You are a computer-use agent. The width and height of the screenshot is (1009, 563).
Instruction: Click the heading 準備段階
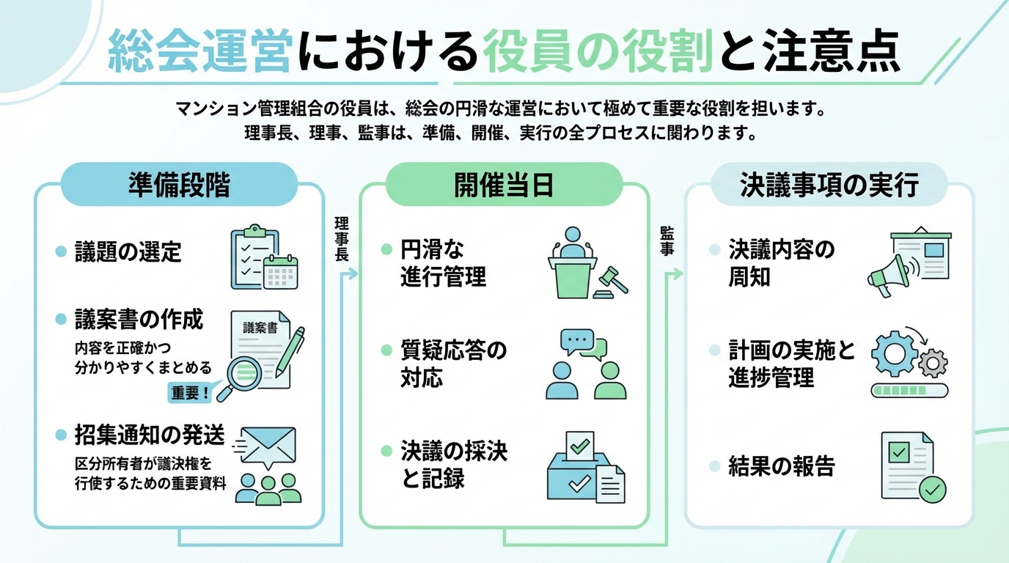[178, 185]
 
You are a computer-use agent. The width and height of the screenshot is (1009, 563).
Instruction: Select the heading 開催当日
[504, 185]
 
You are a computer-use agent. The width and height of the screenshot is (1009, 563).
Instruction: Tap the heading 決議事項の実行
[829, 185]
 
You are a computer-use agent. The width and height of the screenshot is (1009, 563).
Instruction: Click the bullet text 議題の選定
[128, 252]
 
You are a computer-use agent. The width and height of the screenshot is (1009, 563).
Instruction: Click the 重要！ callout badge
[191, 392]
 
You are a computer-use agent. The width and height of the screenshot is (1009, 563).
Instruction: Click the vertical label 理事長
[342, 239]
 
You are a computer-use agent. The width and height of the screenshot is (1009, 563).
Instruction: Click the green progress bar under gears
[909, 390]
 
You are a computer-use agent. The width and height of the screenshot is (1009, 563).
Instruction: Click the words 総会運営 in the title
[199, 54]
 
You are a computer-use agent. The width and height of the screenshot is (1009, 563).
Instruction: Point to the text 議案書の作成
[139, 320]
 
